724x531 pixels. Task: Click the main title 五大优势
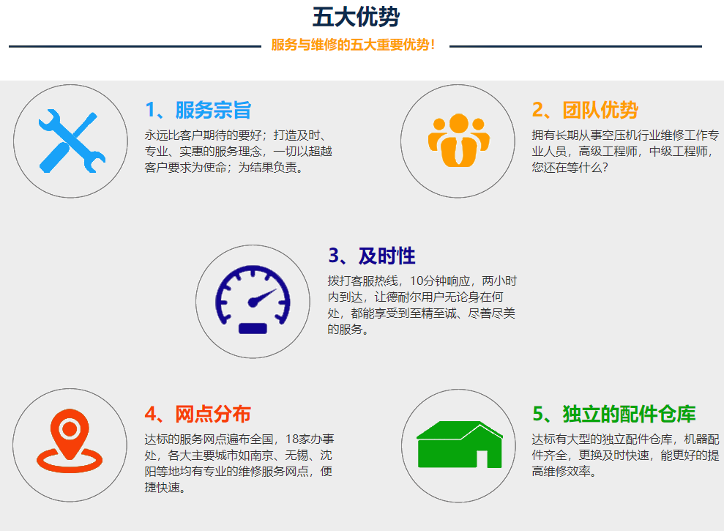[x=356, y=17]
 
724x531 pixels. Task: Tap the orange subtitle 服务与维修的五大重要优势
[x=353, y=45]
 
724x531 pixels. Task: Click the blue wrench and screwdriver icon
[x=72, y=141]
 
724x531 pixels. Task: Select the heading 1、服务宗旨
[x=198, y=110]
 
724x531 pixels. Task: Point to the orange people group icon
[x=458, y=140]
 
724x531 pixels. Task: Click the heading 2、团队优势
[x=585, y=110]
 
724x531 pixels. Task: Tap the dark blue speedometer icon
[x=253, y=300]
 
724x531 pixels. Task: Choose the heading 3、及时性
[x=372, y=256]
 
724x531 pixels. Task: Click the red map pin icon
[x=70, y=440]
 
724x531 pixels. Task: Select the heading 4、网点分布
[x=198, y=414]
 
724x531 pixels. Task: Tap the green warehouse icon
[x=460, y=444]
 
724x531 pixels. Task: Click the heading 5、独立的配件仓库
[x=614, y=414]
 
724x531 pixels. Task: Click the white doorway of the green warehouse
[x=482, y=458]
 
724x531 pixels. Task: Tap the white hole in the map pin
[x=70, y=428]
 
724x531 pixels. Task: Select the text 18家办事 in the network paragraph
[x=310, y=439]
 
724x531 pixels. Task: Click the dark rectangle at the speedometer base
[x=253, y=328]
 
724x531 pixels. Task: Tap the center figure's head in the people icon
[x=458, y=123]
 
